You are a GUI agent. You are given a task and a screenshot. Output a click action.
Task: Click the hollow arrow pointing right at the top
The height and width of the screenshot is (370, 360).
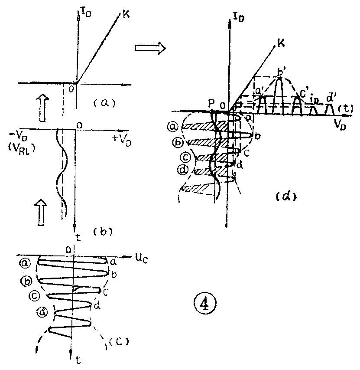pos(149,49)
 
